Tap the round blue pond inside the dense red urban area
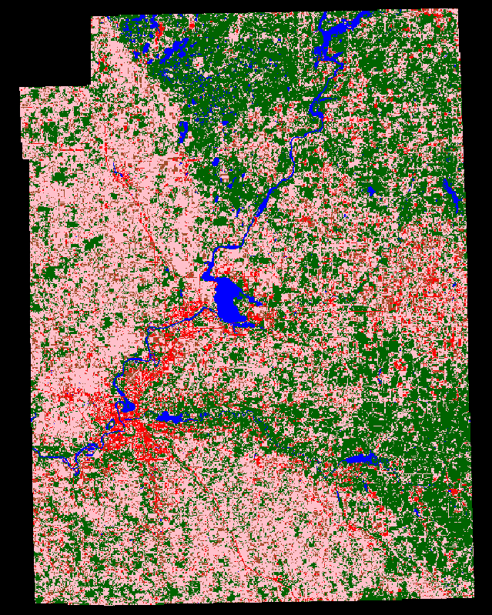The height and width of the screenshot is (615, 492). [x=128, y=406]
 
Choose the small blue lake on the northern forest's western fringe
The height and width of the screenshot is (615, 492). [x=183, y=131]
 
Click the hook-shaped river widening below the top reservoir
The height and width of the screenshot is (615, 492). [x=316, y=112]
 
